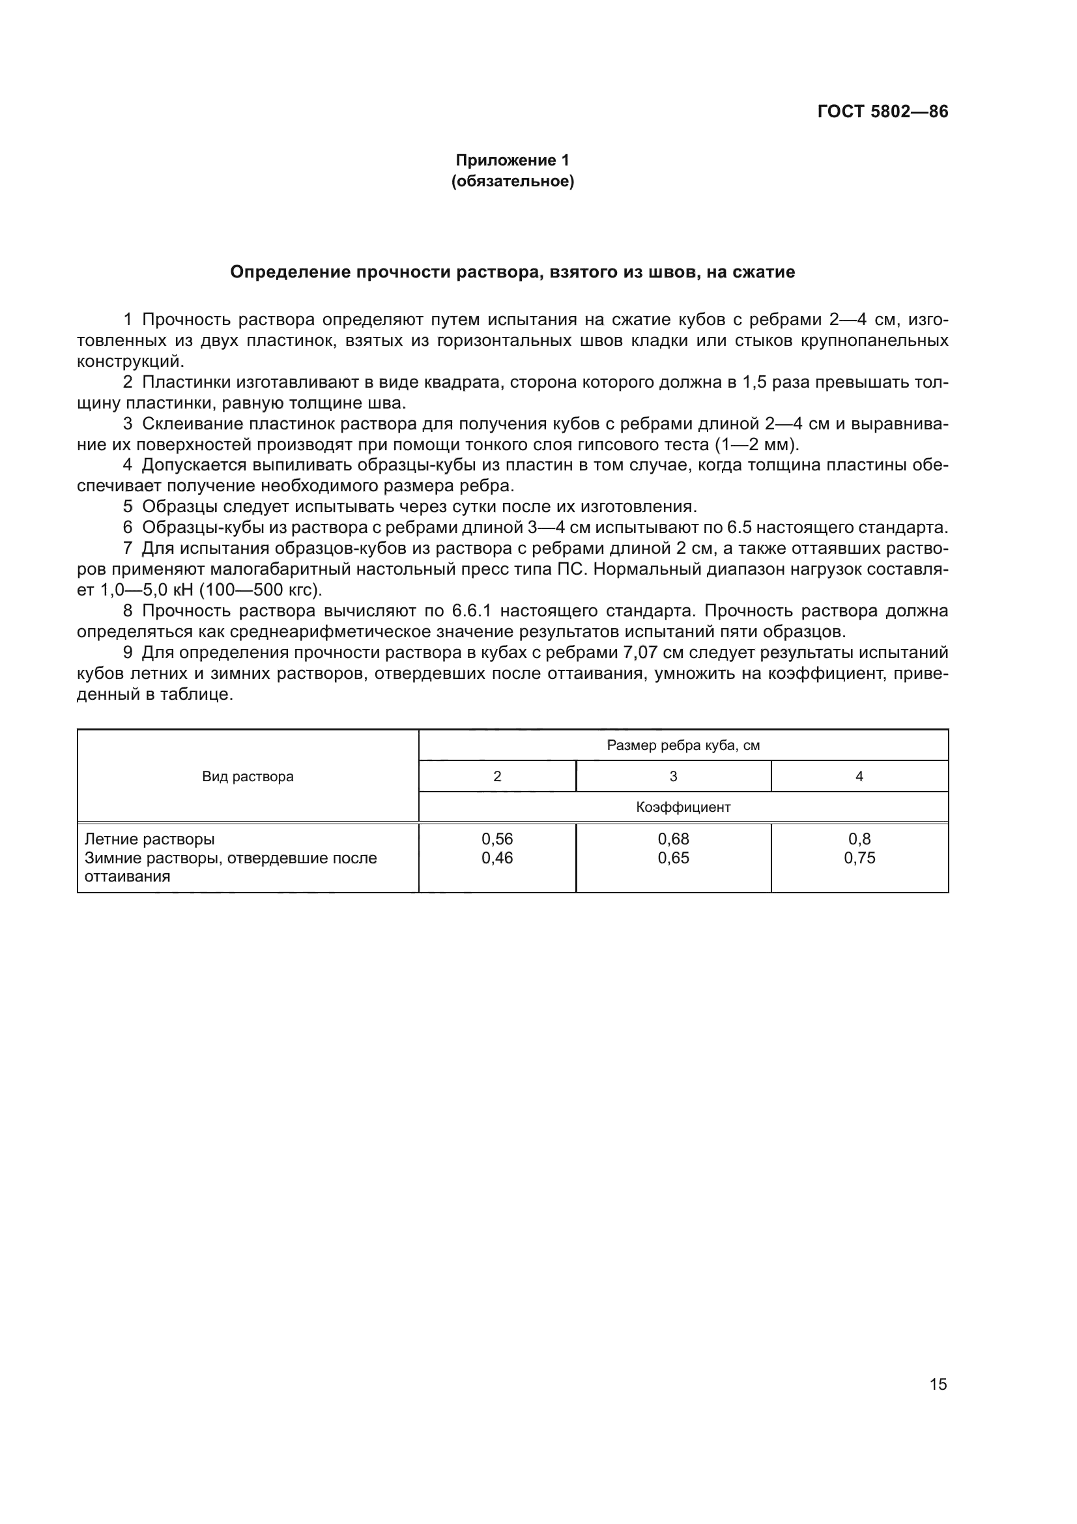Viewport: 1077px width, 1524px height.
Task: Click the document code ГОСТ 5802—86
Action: (882, 111)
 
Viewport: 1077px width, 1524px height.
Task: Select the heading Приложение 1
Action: (512, 160)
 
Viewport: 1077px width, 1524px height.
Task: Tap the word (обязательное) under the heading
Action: (512, 181)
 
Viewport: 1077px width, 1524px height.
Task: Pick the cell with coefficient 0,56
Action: (497, 839)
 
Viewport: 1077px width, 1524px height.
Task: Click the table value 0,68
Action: (673, 839)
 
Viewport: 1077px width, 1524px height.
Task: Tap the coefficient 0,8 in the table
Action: (859, 839)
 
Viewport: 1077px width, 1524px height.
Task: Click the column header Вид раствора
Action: (248, 777)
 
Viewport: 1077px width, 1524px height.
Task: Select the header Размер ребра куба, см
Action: (683, 745)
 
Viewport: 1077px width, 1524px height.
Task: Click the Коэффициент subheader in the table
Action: (683, 807)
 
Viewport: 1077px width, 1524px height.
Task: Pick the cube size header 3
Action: (673, 777)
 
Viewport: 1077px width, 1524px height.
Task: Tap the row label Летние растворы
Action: (149, 839)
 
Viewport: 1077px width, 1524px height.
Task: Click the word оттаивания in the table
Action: (128, 876)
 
